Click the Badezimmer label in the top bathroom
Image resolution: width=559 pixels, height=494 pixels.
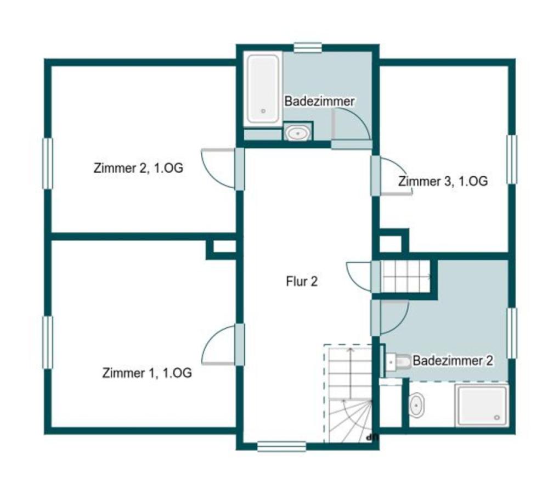coord(319,102)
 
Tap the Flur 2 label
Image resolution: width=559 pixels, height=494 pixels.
coord(302,282)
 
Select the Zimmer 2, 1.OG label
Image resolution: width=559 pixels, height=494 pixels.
coord(138,168)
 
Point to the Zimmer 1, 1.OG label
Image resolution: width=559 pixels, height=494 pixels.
coord(147,373)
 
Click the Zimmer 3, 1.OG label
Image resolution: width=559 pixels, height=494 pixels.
coord(443,181)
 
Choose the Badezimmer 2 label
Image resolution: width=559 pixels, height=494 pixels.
coord(453,361)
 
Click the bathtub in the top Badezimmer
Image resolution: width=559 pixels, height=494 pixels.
coord(263,89)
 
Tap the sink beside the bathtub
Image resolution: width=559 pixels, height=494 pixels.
coord(298,133)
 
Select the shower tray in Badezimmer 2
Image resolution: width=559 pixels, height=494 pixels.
coord(482,405)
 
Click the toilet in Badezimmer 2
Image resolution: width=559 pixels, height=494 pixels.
coord(398,361)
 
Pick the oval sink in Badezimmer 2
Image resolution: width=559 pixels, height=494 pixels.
coord(416,405)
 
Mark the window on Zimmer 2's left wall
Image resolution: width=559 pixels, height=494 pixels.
coord(47,164)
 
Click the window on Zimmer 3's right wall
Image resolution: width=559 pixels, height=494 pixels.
coord(512,159)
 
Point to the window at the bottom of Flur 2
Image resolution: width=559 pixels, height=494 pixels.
coord(281,447)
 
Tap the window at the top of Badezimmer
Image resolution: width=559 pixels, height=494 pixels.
coord(308,48)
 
